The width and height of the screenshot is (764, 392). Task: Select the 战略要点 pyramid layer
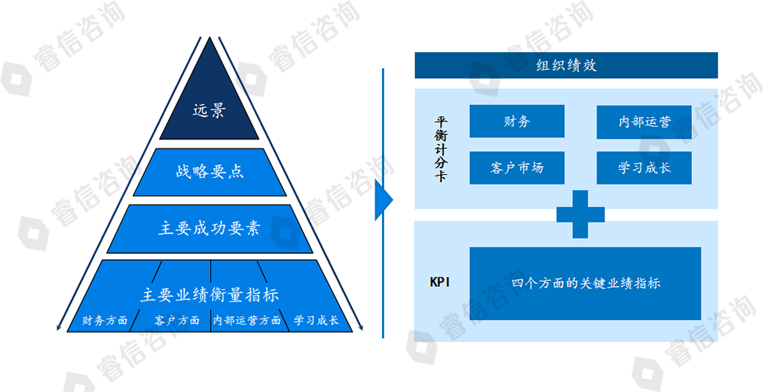coord(210,172)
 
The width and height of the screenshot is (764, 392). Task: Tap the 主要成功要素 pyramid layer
coord(210,228)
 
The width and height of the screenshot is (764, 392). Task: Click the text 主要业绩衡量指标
coord(210,294)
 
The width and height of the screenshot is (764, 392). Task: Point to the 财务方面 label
coord(104,321)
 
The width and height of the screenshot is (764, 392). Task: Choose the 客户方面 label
coord(177,321)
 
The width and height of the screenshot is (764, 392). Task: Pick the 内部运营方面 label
coord(247,321)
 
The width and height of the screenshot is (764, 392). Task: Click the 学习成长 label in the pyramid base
coord(316,321)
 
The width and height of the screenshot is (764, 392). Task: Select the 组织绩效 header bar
coord(566,65)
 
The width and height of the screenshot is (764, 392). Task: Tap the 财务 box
coord(516,121)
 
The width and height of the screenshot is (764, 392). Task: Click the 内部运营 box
coord(644,122)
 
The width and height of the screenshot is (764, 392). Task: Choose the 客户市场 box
coord(516,167)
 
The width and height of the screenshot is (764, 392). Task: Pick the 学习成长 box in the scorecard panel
coord(644,167)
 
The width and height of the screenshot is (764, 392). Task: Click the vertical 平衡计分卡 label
coord(440,149)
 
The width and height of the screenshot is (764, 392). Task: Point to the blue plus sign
coord(580,214)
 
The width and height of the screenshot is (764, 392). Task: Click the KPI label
coord(440,283)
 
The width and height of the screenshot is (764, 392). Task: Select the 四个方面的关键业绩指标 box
coord(585,283)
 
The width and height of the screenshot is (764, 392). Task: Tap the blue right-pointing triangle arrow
coord(383,199)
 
